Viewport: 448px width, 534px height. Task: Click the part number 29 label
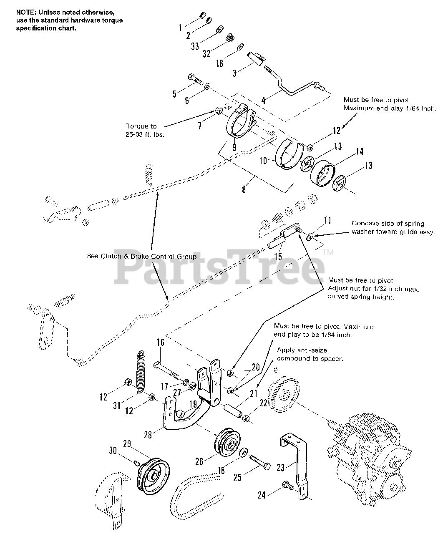coord(127,444)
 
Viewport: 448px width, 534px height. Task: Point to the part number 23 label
coord(281,468)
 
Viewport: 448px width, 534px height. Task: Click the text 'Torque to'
coord(141,126)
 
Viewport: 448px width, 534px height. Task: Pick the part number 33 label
coord(195,46)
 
